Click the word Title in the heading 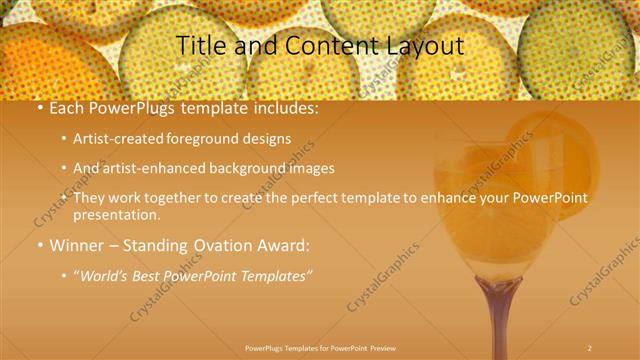point(198,45)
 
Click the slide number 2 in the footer point(589,348)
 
